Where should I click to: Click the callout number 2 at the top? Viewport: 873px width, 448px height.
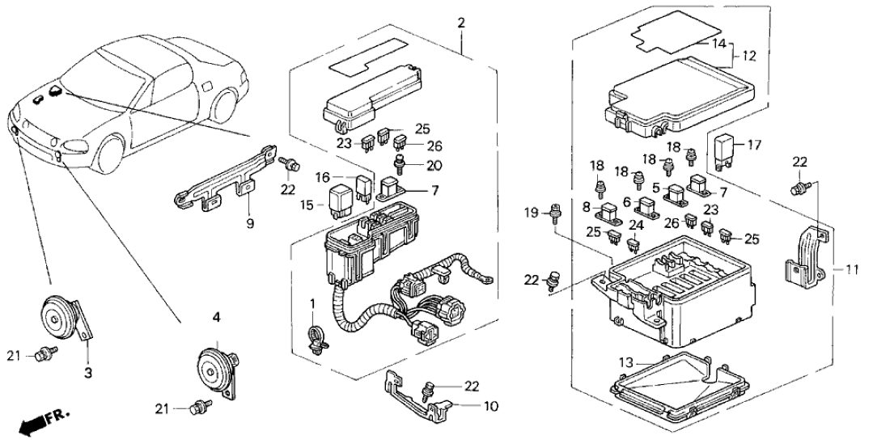click(460, 22)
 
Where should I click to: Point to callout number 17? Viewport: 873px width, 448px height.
click(755, 146)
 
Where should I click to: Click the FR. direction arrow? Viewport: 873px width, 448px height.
click(40, 422)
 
